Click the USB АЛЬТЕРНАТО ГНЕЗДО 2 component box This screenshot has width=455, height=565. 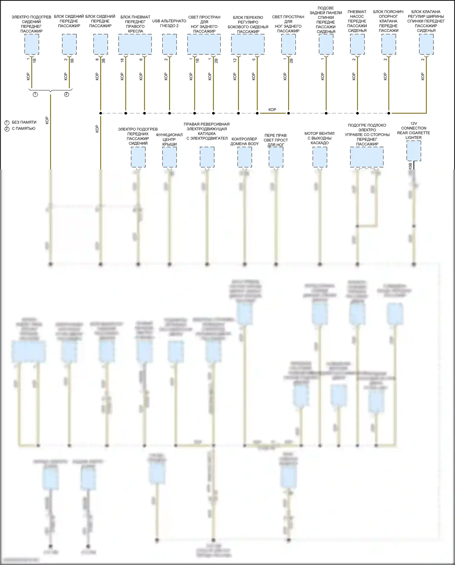point(170,44)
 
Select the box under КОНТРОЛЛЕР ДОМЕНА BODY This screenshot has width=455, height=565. point(244,157)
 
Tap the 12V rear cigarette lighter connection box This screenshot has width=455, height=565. point(414,151)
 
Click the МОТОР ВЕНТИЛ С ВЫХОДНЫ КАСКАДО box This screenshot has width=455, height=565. point(320,157)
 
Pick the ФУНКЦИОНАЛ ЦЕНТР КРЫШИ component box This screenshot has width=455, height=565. point(170,157)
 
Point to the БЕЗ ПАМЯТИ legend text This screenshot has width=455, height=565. point(24,122)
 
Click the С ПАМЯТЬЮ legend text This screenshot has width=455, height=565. point(23,128)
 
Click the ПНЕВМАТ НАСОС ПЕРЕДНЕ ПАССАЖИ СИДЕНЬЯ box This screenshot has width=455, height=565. point(357,44)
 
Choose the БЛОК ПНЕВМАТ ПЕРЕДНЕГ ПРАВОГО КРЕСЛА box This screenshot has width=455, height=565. point(135,44)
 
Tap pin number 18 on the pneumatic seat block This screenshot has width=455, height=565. point(122,60)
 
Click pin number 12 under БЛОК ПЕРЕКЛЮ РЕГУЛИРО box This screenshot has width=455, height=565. point(235,60)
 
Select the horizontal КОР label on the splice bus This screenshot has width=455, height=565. point(272,110)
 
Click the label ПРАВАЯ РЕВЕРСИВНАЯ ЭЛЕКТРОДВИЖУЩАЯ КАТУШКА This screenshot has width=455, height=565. point(207,131)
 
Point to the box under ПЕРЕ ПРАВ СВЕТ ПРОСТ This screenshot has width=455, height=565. point(276,157)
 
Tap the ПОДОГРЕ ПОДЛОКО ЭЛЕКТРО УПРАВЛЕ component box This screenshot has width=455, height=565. point(367,157)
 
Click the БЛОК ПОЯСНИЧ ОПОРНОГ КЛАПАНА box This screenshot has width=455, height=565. point(389,44)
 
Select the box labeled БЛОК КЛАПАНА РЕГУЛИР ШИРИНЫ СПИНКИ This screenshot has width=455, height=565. point(426,44)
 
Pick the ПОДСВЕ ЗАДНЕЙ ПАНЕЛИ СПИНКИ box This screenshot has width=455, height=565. point(326,44)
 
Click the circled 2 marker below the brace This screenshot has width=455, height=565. point(66,94)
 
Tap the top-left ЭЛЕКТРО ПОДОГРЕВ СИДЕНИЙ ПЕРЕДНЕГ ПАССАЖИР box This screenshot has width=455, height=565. point(32,44)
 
